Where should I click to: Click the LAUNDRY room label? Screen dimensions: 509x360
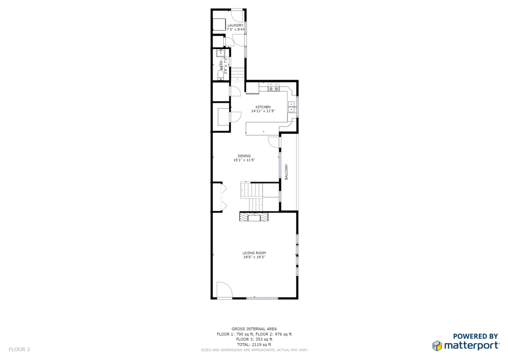[235, 25]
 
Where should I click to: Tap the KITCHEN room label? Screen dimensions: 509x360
[263, 107]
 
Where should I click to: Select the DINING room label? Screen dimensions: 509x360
[244, 156]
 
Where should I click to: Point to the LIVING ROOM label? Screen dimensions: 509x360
[254, 253]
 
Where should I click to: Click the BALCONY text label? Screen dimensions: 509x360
[286, 172]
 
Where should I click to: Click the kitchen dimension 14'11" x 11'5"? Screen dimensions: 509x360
[263, 111]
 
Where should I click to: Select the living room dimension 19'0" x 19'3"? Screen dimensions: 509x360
[254, 257]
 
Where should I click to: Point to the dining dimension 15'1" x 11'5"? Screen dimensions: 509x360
[244, 160]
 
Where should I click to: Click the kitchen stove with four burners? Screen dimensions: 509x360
[273, 87]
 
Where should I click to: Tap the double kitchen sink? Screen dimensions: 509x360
[291, 107]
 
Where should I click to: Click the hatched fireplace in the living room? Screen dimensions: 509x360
[254, 216]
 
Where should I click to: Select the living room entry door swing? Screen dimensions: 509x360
[224, 289]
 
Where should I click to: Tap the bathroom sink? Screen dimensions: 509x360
[221, 53]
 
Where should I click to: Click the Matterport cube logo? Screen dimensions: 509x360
[437, 346]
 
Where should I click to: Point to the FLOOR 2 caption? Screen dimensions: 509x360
[19, 350]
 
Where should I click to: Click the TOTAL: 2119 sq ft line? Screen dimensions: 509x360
[254, 345]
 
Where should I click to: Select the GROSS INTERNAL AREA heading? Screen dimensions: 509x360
[254, 329]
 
